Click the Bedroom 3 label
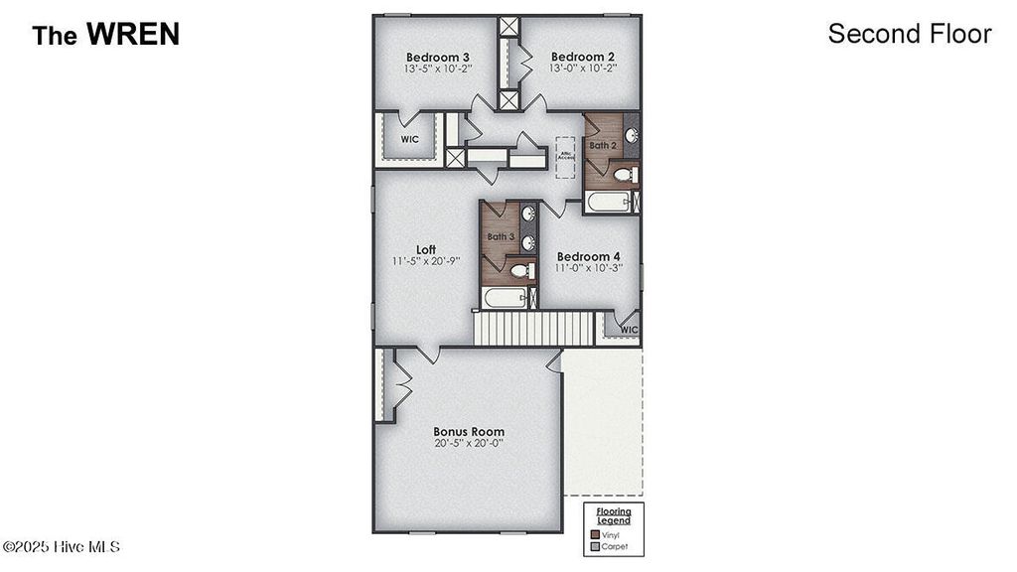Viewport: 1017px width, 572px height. click(438, 56)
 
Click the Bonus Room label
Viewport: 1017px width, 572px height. click(468, 432)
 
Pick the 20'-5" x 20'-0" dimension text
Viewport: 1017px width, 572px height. click(468, 444)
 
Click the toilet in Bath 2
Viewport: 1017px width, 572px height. click(623, 176)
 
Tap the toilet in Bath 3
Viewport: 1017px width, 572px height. click(517, 270)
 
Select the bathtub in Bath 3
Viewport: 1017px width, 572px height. click(505, 298)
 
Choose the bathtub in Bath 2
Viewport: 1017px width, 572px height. click(608, 203)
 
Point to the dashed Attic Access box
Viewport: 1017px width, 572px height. click(566, 157)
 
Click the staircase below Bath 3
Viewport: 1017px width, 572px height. click(532, 329)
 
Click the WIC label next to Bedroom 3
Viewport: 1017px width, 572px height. click(409, 140)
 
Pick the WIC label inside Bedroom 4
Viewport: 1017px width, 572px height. click(628, 330)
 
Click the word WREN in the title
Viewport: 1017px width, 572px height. click(133, 35)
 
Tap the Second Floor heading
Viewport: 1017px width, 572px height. click(909, 34)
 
